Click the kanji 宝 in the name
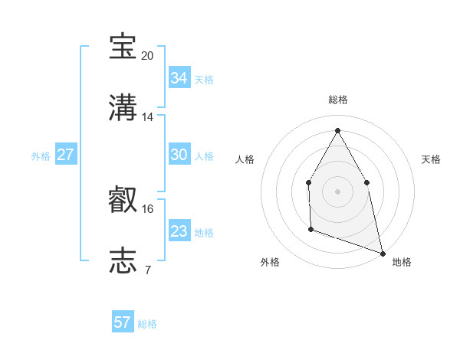[123, 47]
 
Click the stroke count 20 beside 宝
[148, 56]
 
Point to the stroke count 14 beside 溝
[148, 116]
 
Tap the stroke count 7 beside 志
[148, 269]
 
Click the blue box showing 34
[179, 78]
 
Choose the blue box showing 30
[179, 155]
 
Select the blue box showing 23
[179, 231]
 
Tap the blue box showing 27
[65, 155]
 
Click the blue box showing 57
[123, 322]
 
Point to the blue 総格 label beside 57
[147, 324]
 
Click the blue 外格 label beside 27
[41, 156]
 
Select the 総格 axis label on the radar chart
[337, 100]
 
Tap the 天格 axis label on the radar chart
[431, 159]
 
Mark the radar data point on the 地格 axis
[382, 252]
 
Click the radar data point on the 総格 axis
[337, 130]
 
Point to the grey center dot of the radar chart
[337, 191]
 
